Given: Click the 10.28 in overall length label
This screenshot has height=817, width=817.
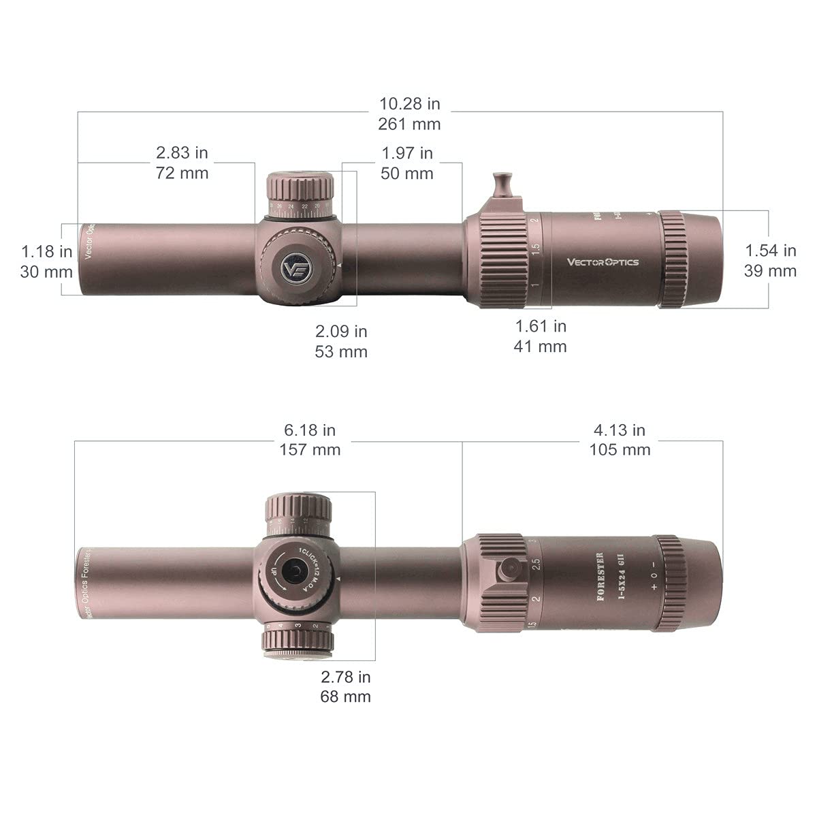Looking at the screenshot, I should (410, 114).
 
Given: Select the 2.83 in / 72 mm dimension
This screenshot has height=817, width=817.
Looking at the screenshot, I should (182, 163).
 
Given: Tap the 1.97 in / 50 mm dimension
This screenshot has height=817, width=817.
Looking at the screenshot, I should (407, 163).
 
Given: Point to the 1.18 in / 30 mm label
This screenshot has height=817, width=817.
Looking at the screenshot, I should (47, 261).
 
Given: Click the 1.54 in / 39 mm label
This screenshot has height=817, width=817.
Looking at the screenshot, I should (771, 260).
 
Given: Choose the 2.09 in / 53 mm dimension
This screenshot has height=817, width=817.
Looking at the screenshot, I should (341, 341).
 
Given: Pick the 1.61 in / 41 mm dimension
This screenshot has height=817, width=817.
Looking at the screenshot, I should (540, 336).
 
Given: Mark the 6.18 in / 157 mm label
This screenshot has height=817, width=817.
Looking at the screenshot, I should (310, 440).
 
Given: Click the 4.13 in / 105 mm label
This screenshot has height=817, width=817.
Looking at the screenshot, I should (620, 440).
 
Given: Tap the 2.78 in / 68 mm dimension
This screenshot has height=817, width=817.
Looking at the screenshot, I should (346, 686).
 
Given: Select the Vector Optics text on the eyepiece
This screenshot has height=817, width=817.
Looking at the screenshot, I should (603, 261).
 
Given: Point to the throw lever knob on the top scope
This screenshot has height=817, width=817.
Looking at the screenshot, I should (502, 182).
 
